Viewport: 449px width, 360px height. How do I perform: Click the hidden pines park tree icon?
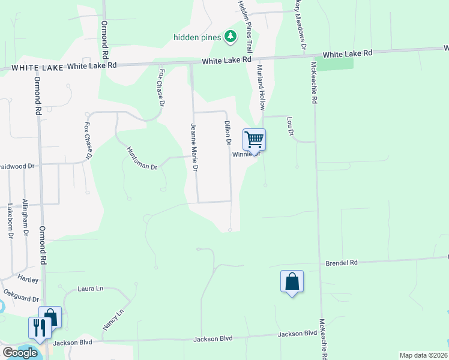[230, 37]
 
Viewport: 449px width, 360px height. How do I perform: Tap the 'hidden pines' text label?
[197, 37]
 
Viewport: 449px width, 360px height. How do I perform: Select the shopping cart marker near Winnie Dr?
[254, 140]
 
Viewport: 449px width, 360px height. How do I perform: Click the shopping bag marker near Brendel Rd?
[292, 281]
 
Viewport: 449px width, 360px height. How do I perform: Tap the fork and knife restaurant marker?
[40, 328]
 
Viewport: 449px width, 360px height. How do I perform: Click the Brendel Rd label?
[342, 263]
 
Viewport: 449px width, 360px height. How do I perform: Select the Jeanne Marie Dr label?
[194, 148]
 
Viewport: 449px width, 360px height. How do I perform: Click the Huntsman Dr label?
[142, 158]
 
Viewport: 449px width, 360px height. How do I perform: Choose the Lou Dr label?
[290, 126]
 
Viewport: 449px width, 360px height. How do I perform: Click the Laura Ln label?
[91, 289]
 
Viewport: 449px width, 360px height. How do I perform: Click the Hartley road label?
[28, 280]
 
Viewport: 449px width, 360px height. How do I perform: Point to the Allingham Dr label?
[25, 216]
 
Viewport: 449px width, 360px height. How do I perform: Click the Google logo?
[20, 353]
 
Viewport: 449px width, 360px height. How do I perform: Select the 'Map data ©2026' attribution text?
[423, 355]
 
